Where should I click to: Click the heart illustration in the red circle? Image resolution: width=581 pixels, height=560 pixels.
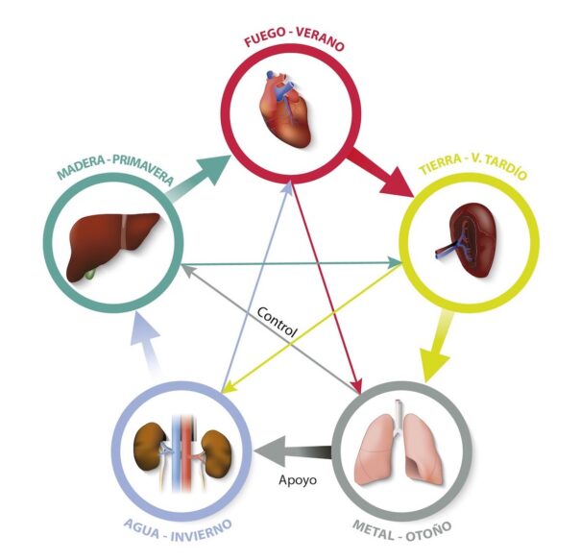pyautogui.click(x=285, y=111)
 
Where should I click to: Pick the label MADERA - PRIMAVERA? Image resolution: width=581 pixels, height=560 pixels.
pyautogui.click(x=113, y=171)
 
